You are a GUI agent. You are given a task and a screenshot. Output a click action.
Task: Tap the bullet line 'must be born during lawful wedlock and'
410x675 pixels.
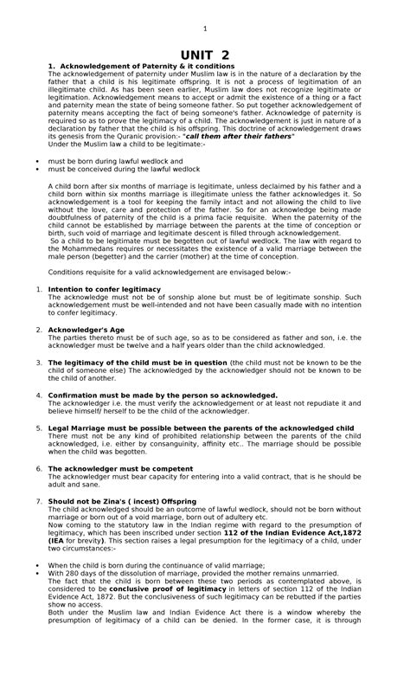(x=115, y=161)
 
